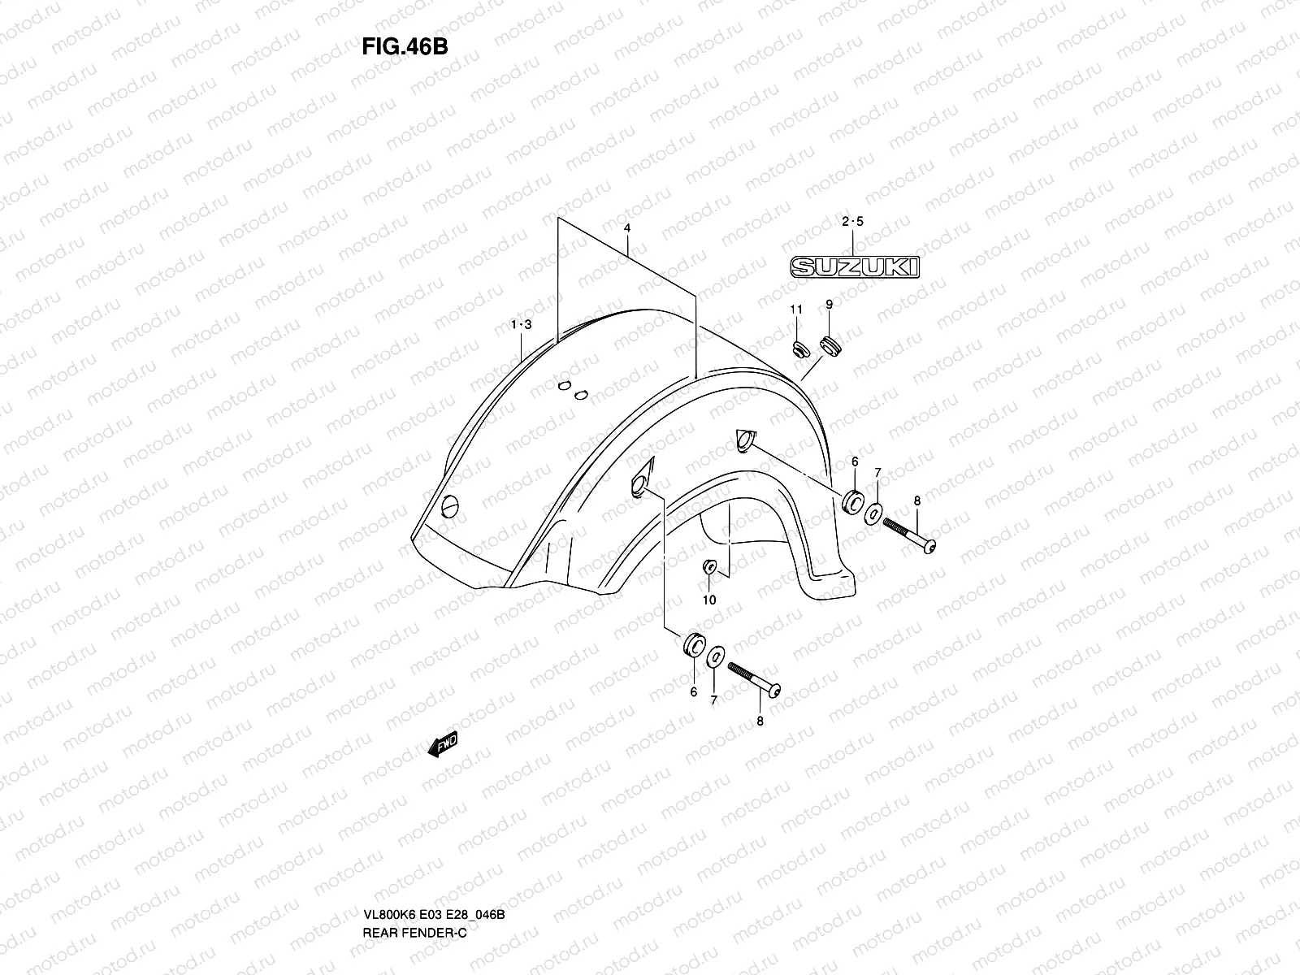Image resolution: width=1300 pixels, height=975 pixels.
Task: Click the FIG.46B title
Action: click(405, 46)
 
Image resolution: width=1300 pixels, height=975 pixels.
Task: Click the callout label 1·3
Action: click(521, 325)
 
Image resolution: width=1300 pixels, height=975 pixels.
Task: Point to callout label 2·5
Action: click(853, 222)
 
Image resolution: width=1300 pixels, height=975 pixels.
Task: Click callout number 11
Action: click(796, 309)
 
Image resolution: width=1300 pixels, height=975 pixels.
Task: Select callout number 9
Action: click(829, 305)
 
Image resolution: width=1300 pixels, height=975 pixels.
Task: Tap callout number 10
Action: click(709, 600)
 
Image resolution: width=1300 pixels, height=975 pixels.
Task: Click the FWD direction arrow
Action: click(443, 745)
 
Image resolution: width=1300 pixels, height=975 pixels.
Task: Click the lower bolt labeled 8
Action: click(754, 679)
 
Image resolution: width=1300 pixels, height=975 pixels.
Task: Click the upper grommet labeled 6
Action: click(853, 502)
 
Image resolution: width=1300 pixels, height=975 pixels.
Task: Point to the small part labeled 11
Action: click(799, 349)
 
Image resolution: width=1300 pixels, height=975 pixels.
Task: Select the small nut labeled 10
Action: click(708, 566)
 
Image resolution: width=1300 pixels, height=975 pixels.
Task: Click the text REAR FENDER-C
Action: click(415, 864)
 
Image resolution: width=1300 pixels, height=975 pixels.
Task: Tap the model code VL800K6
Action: click(390, 846)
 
